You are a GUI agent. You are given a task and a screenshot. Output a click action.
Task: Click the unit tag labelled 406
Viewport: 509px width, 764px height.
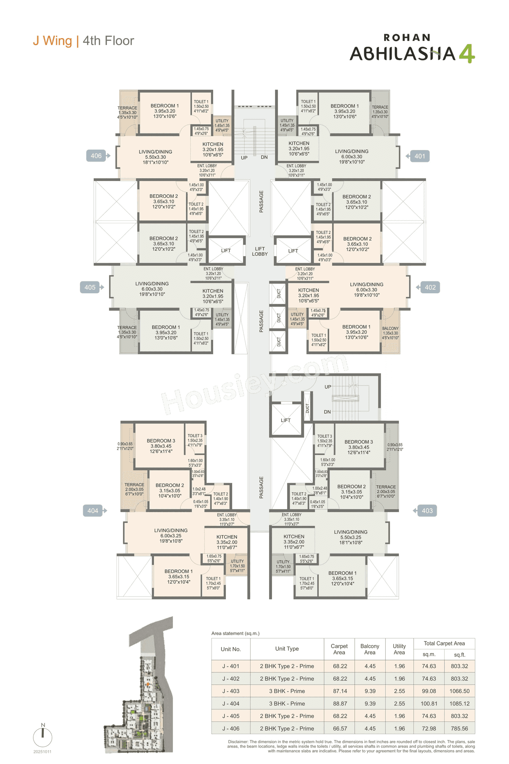click(96, 156)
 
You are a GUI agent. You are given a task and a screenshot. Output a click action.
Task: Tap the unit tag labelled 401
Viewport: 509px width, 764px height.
click(420, 156)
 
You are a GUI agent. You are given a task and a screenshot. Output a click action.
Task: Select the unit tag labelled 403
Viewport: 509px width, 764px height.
click(427, 511)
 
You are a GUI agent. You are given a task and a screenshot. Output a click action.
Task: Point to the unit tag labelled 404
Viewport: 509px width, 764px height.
click(93, 511)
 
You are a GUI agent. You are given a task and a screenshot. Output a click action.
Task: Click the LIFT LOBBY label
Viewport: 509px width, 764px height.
click(260, 251)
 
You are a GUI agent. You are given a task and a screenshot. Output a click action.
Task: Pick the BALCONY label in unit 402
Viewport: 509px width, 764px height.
click(390, 329)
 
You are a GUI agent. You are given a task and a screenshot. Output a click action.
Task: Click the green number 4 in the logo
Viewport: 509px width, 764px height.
click(467, 54)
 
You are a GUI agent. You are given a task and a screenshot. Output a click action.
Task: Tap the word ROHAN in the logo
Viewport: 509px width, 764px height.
click(407, 38)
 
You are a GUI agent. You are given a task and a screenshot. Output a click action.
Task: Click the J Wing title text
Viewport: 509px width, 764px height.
click(52, 41)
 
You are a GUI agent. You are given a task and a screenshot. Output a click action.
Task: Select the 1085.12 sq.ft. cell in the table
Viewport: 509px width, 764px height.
click(459, 704)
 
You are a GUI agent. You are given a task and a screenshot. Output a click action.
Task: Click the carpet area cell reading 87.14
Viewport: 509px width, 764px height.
click(340, 691)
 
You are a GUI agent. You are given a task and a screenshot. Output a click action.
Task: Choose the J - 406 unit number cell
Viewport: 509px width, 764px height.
click(231, 729)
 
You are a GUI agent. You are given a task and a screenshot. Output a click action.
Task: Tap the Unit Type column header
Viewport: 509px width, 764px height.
click(287, 649)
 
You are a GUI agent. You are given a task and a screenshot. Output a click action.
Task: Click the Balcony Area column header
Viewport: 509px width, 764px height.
click(370, 649)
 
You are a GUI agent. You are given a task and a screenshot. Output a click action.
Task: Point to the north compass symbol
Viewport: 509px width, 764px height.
click(43, 737)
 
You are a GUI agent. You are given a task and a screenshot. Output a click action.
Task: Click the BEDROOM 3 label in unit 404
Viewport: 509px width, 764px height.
click(161, 441)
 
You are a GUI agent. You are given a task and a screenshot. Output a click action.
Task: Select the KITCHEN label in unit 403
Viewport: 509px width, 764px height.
click(294, 536)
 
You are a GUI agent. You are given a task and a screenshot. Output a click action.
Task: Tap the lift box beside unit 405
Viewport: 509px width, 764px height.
click(226, 250)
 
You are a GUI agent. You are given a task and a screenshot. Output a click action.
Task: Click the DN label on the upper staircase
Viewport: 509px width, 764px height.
click(264, 157)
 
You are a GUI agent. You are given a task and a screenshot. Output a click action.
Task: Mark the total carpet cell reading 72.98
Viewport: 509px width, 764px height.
click(429, 729)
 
